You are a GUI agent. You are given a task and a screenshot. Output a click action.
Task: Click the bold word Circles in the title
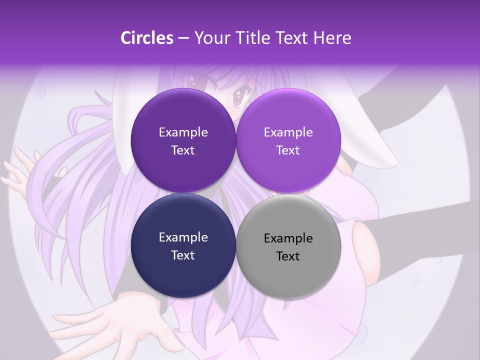click(x=147, y=38)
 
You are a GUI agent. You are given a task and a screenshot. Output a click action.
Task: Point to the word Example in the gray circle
click(x=288, y=238)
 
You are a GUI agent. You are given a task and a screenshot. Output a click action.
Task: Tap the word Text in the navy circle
click(x=183, y=255)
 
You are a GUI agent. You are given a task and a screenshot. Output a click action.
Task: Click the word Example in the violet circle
click(x=288, y=132)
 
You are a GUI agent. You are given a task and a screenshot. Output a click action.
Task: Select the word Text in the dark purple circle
click(x=183, y=150)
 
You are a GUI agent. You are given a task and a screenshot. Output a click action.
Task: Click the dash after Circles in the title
click(x=183, y=38)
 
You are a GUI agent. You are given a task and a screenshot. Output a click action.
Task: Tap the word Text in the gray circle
click(x=288, y=256)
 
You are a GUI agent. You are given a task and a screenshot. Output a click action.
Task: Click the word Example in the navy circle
click(x=183, y=237)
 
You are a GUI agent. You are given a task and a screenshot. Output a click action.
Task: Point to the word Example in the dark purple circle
click(x=183, y=132)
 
